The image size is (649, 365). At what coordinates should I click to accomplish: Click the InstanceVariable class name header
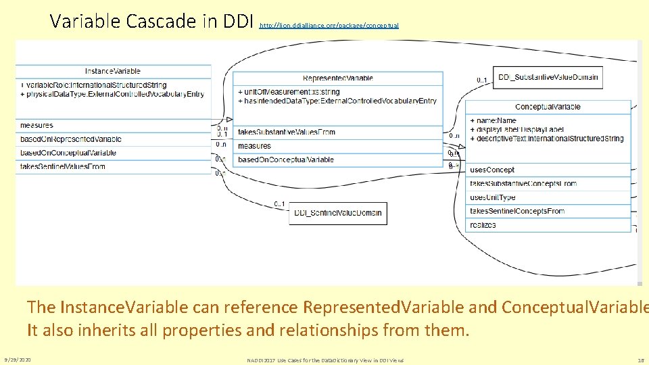coord(113,71)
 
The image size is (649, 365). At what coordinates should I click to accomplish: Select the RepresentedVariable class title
coord(338,78)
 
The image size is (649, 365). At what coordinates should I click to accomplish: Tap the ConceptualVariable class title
coord(548,107)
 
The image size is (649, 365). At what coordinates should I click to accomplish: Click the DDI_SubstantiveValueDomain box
coord(548,77)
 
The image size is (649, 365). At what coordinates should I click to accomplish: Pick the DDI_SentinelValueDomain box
coord(338,213)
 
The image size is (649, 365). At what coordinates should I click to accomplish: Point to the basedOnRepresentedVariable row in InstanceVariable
coord(71,139)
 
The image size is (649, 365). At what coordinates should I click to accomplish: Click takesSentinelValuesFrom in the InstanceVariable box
coord(63,166)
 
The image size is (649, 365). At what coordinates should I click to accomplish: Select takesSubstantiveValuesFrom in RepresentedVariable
coord(287,132)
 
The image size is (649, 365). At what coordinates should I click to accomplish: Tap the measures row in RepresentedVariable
coord(255,146)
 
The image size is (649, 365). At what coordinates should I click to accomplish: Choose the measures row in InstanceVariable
coord(37,126)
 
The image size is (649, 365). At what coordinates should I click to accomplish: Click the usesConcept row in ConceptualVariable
coord(492,170)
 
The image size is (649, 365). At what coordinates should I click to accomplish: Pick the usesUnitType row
coord(493,197)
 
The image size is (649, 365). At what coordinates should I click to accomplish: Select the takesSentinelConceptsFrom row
coord(517,211)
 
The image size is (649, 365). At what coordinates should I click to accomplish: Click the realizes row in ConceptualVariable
coord(483,225)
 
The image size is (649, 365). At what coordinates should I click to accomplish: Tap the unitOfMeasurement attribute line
coord(289,92)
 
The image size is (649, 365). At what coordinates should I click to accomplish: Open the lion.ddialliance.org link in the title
coord(329,26)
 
